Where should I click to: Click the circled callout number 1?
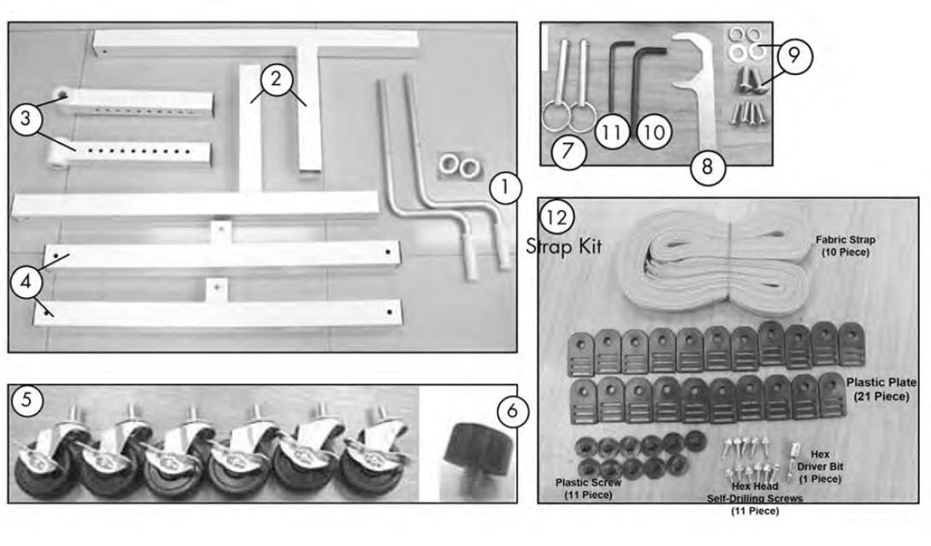505,188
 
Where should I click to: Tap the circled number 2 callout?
276,78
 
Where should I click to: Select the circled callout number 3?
26,118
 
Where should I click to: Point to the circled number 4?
26,281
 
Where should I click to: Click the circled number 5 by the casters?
27,400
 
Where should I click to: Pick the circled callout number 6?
513,411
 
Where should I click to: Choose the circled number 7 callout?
568,151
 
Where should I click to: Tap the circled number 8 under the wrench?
707,166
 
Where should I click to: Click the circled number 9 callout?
794,56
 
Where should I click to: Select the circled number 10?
655,132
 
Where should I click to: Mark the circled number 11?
612,131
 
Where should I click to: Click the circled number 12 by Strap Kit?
556,217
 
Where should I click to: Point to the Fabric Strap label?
845,246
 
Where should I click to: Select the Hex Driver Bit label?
820,466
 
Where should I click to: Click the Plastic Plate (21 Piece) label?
881,389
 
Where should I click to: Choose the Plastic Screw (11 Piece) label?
588,489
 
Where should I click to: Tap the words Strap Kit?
564,246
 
